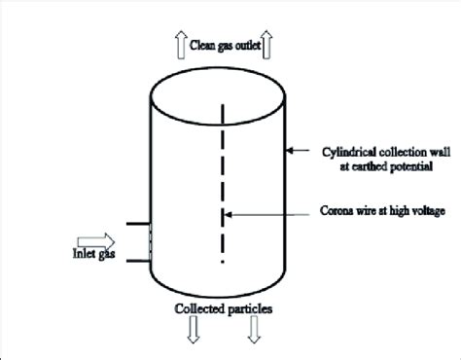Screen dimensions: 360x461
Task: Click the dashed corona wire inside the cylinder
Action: coord(225,185)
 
